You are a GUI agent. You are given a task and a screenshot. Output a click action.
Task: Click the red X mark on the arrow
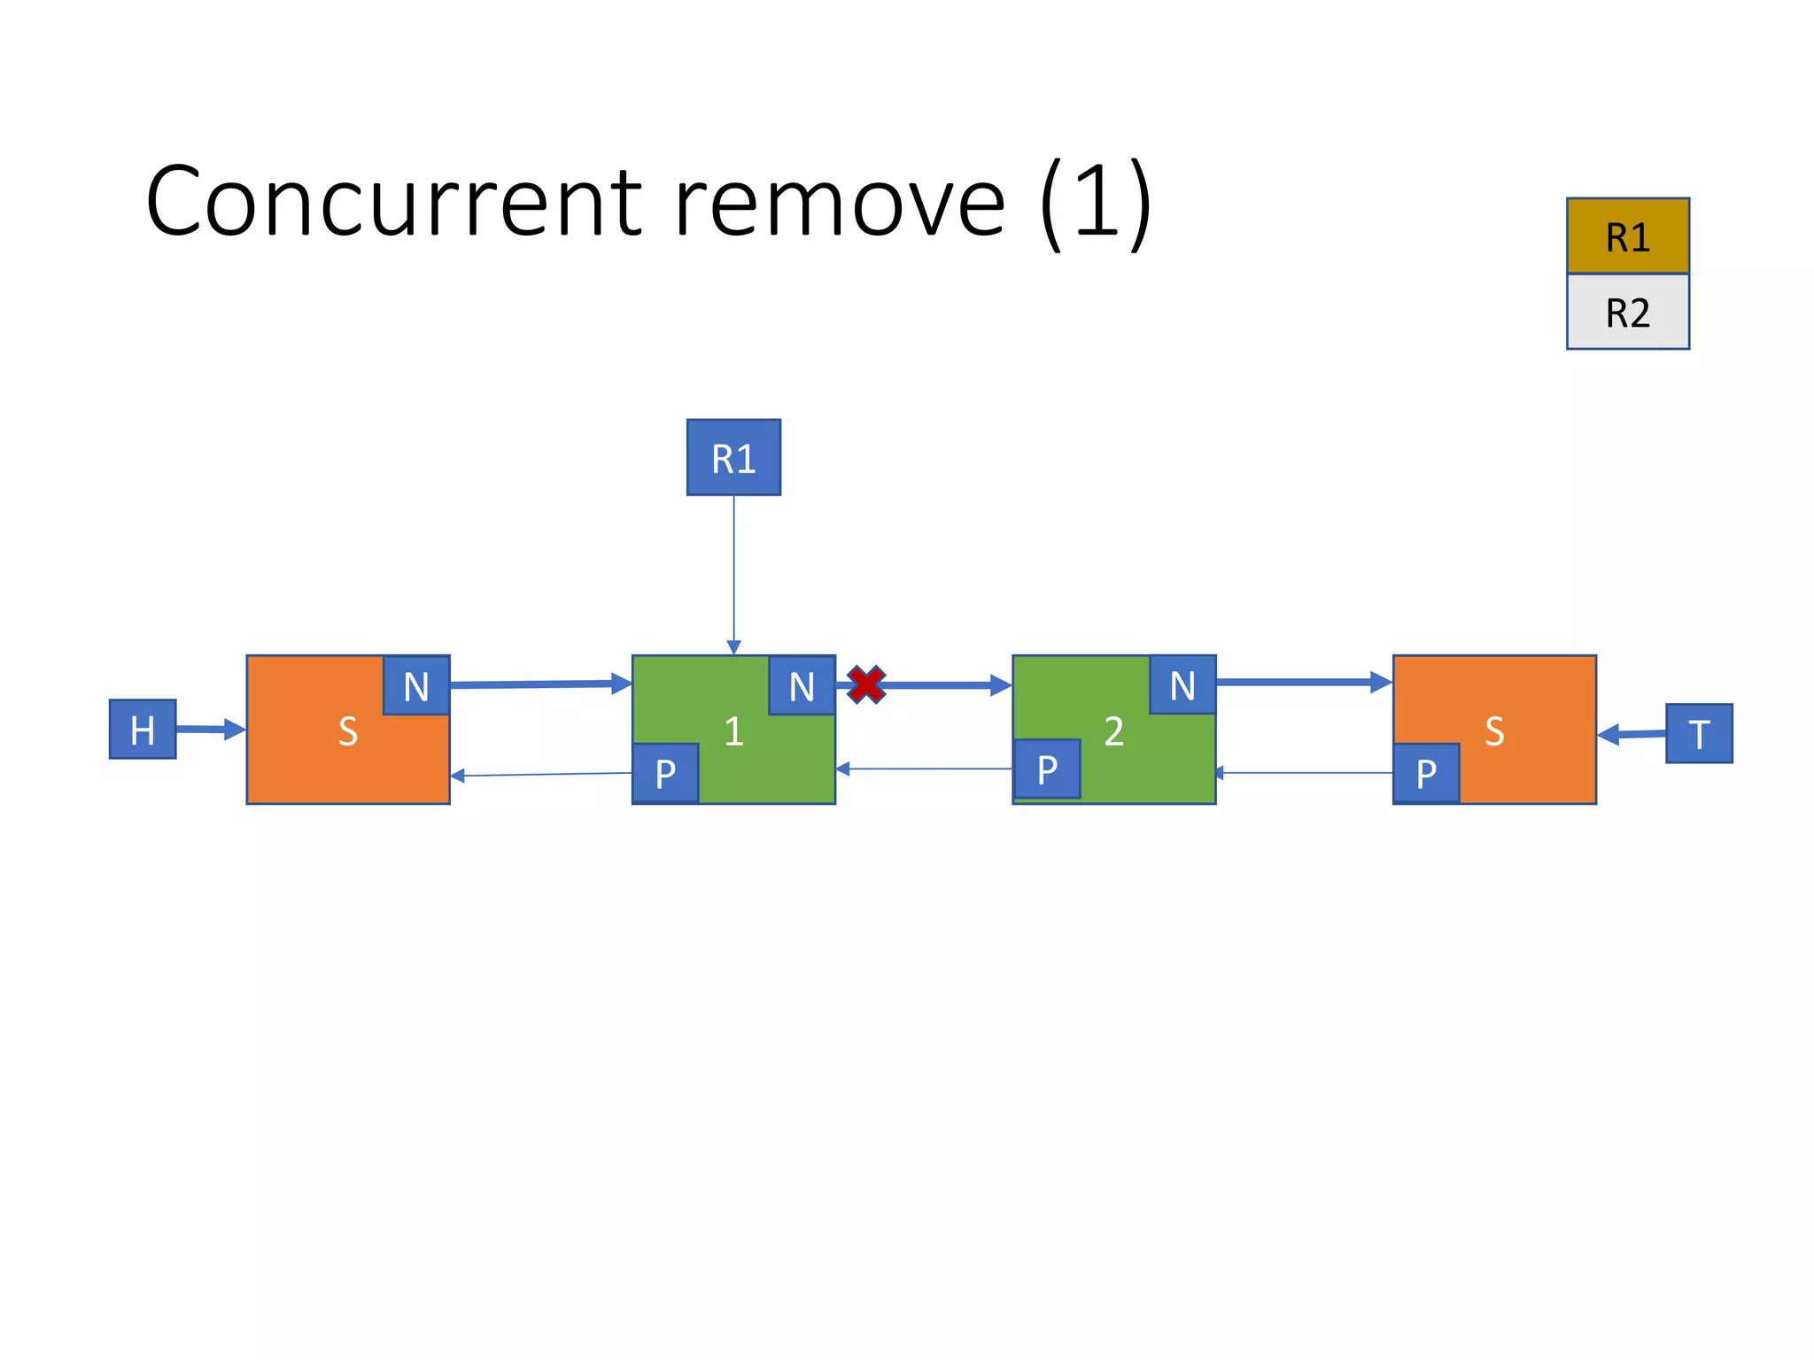865,684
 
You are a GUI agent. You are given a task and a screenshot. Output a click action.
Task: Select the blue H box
143,729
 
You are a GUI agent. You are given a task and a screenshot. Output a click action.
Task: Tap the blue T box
1698,733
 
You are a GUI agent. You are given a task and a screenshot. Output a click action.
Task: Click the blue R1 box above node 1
733,458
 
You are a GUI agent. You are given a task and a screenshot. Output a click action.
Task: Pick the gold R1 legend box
1627,236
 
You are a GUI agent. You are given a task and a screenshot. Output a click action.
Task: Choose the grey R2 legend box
1627,313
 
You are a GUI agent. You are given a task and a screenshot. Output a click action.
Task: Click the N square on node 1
802,685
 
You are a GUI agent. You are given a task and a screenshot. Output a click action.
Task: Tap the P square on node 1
665,773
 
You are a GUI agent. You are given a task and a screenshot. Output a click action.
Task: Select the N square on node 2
1182,684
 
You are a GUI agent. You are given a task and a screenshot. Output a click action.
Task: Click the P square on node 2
1046,769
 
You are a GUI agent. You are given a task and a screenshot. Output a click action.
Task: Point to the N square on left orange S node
416,685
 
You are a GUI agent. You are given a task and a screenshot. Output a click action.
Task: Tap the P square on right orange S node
1426,773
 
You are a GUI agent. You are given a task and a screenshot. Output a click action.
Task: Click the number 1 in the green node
733,731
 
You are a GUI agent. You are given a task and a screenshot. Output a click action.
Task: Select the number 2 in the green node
1113,731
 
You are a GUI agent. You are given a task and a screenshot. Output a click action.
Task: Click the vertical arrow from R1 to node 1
733,576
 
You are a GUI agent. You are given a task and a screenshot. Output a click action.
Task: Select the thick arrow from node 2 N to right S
1302,682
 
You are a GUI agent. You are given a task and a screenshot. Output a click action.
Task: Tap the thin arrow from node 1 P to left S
540,775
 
